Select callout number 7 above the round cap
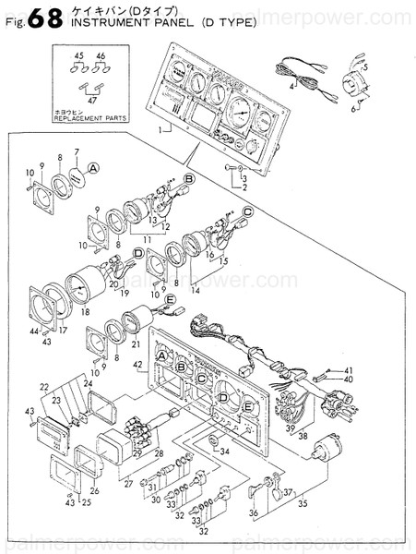77,151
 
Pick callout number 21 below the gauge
137,343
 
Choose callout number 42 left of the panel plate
138,367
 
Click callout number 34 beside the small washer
222,450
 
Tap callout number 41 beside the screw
349,370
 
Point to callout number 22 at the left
43,385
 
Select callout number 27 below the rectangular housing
128,482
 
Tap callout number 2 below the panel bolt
245,187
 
